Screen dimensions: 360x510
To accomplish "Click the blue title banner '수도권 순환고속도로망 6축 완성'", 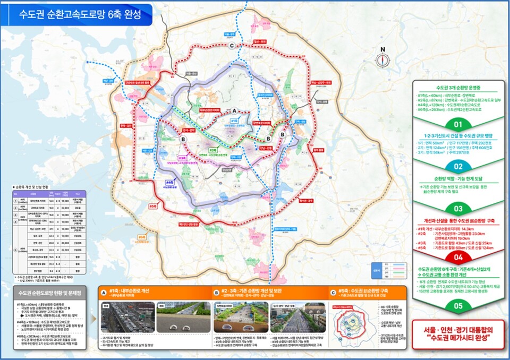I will (80, 14).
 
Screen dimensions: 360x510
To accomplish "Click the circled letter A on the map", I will (234, 110).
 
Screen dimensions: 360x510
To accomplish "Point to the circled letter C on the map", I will (232, 47).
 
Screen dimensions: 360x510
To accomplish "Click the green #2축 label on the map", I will (213, 150).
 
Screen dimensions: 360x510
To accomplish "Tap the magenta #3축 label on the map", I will (182, 158).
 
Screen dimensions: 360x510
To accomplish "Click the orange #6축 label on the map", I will (141, 237).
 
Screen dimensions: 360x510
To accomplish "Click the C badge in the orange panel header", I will (333, 292).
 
